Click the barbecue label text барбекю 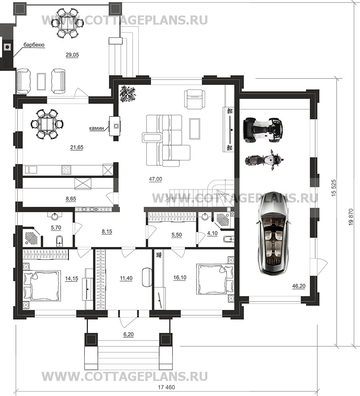pyautogui.click(x=34, y=45)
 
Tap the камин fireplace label pyautogui.click(x=97, y=128)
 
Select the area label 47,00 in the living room pyautogui.click(x=155, y=179)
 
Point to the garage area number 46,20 pyautogui.click(x=299, y=286)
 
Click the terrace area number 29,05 pyautogui.click(x=72, y=55)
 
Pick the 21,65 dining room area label pyautogui.click(x=77, y=147)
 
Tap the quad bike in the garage pyautogui.click(x=262, y=128)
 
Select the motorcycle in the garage pyautogui.click(x=265, y=160)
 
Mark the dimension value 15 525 pyautogui.click(x=334, y=188)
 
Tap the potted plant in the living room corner pyautogui.click(x=128, y=93)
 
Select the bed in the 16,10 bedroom pyautogui.click(x=215, y=279)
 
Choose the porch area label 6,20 pyautogui.click(x=128, y=335)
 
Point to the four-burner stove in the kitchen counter pyautogui.click(x=66, y=170)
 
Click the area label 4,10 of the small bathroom pyautogui.click(x=212, y=233)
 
